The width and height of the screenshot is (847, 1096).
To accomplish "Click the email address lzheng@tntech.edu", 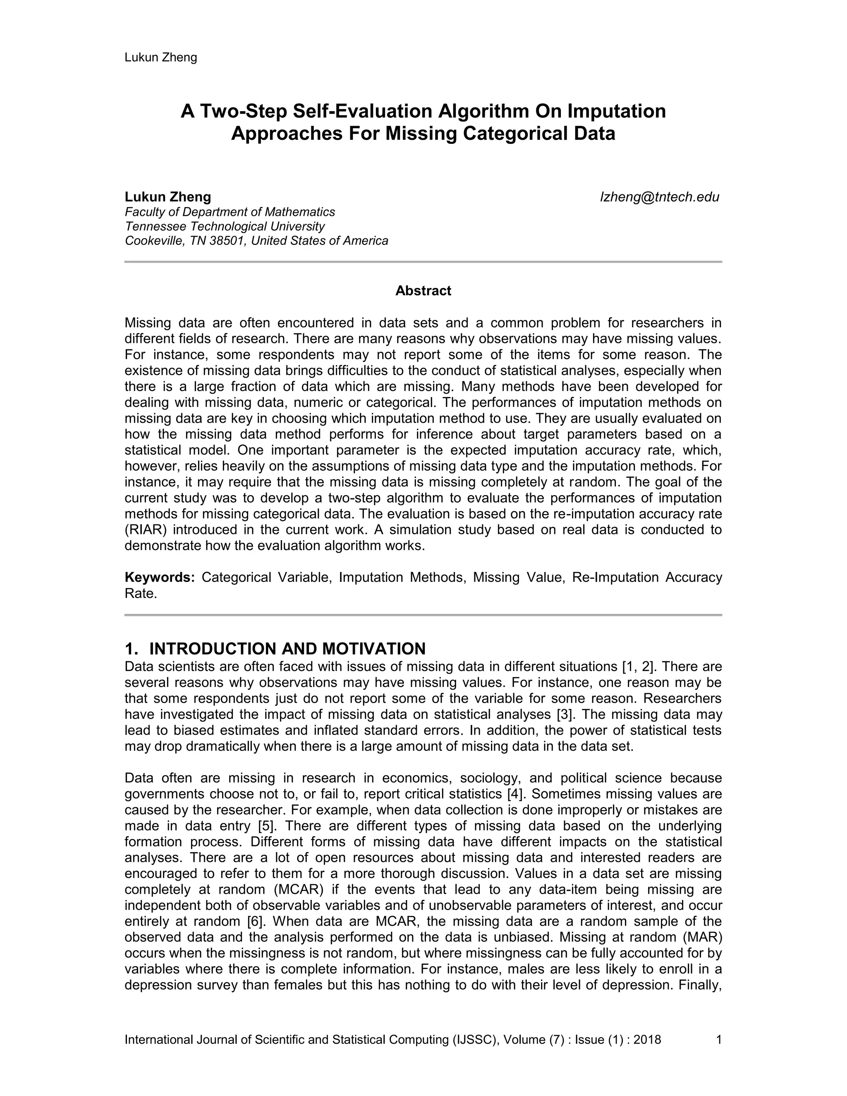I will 659,197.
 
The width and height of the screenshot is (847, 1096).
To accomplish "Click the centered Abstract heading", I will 423,291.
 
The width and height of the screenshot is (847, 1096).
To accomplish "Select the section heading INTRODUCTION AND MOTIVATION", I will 287,649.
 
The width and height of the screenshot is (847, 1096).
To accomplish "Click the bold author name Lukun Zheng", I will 167,197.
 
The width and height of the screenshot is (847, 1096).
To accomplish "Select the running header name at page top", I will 160,58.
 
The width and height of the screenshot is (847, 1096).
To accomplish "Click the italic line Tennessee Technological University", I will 225,226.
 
